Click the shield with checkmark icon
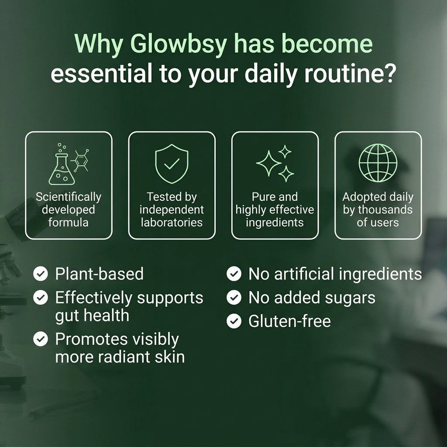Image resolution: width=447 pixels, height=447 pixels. click(172, 164)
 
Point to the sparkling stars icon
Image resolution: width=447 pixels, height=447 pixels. click(275, 163)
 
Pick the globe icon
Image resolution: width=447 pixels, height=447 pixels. click(378, 163)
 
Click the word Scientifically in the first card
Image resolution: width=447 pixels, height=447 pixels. click(69, 197)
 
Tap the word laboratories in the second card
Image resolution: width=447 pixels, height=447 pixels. click(172, 222)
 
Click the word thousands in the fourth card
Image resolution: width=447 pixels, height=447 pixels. click(385, 210)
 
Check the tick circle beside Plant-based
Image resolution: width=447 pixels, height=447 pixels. click(41, 274)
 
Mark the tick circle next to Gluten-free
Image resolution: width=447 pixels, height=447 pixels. click(234, 321)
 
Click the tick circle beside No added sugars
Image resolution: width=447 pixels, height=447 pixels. click(234, 297)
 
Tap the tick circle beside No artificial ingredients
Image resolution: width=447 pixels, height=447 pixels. click(234, 274)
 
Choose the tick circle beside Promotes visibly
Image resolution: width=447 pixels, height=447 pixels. click(41, 339)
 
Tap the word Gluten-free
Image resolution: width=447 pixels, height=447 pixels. click(290, 321)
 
